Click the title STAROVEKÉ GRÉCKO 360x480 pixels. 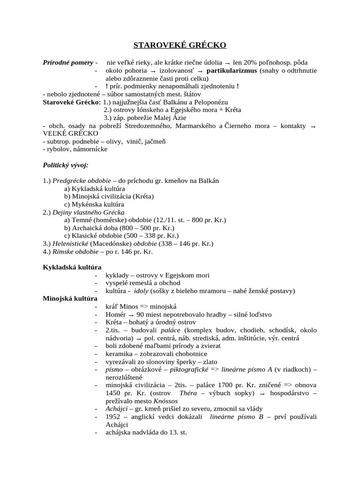(180, 45)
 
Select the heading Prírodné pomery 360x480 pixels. (68, 62)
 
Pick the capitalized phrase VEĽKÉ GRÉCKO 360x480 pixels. (70, 133)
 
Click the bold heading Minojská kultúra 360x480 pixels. (70, 298)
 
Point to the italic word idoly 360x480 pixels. (141, 291)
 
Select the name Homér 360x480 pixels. (115, 315)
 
